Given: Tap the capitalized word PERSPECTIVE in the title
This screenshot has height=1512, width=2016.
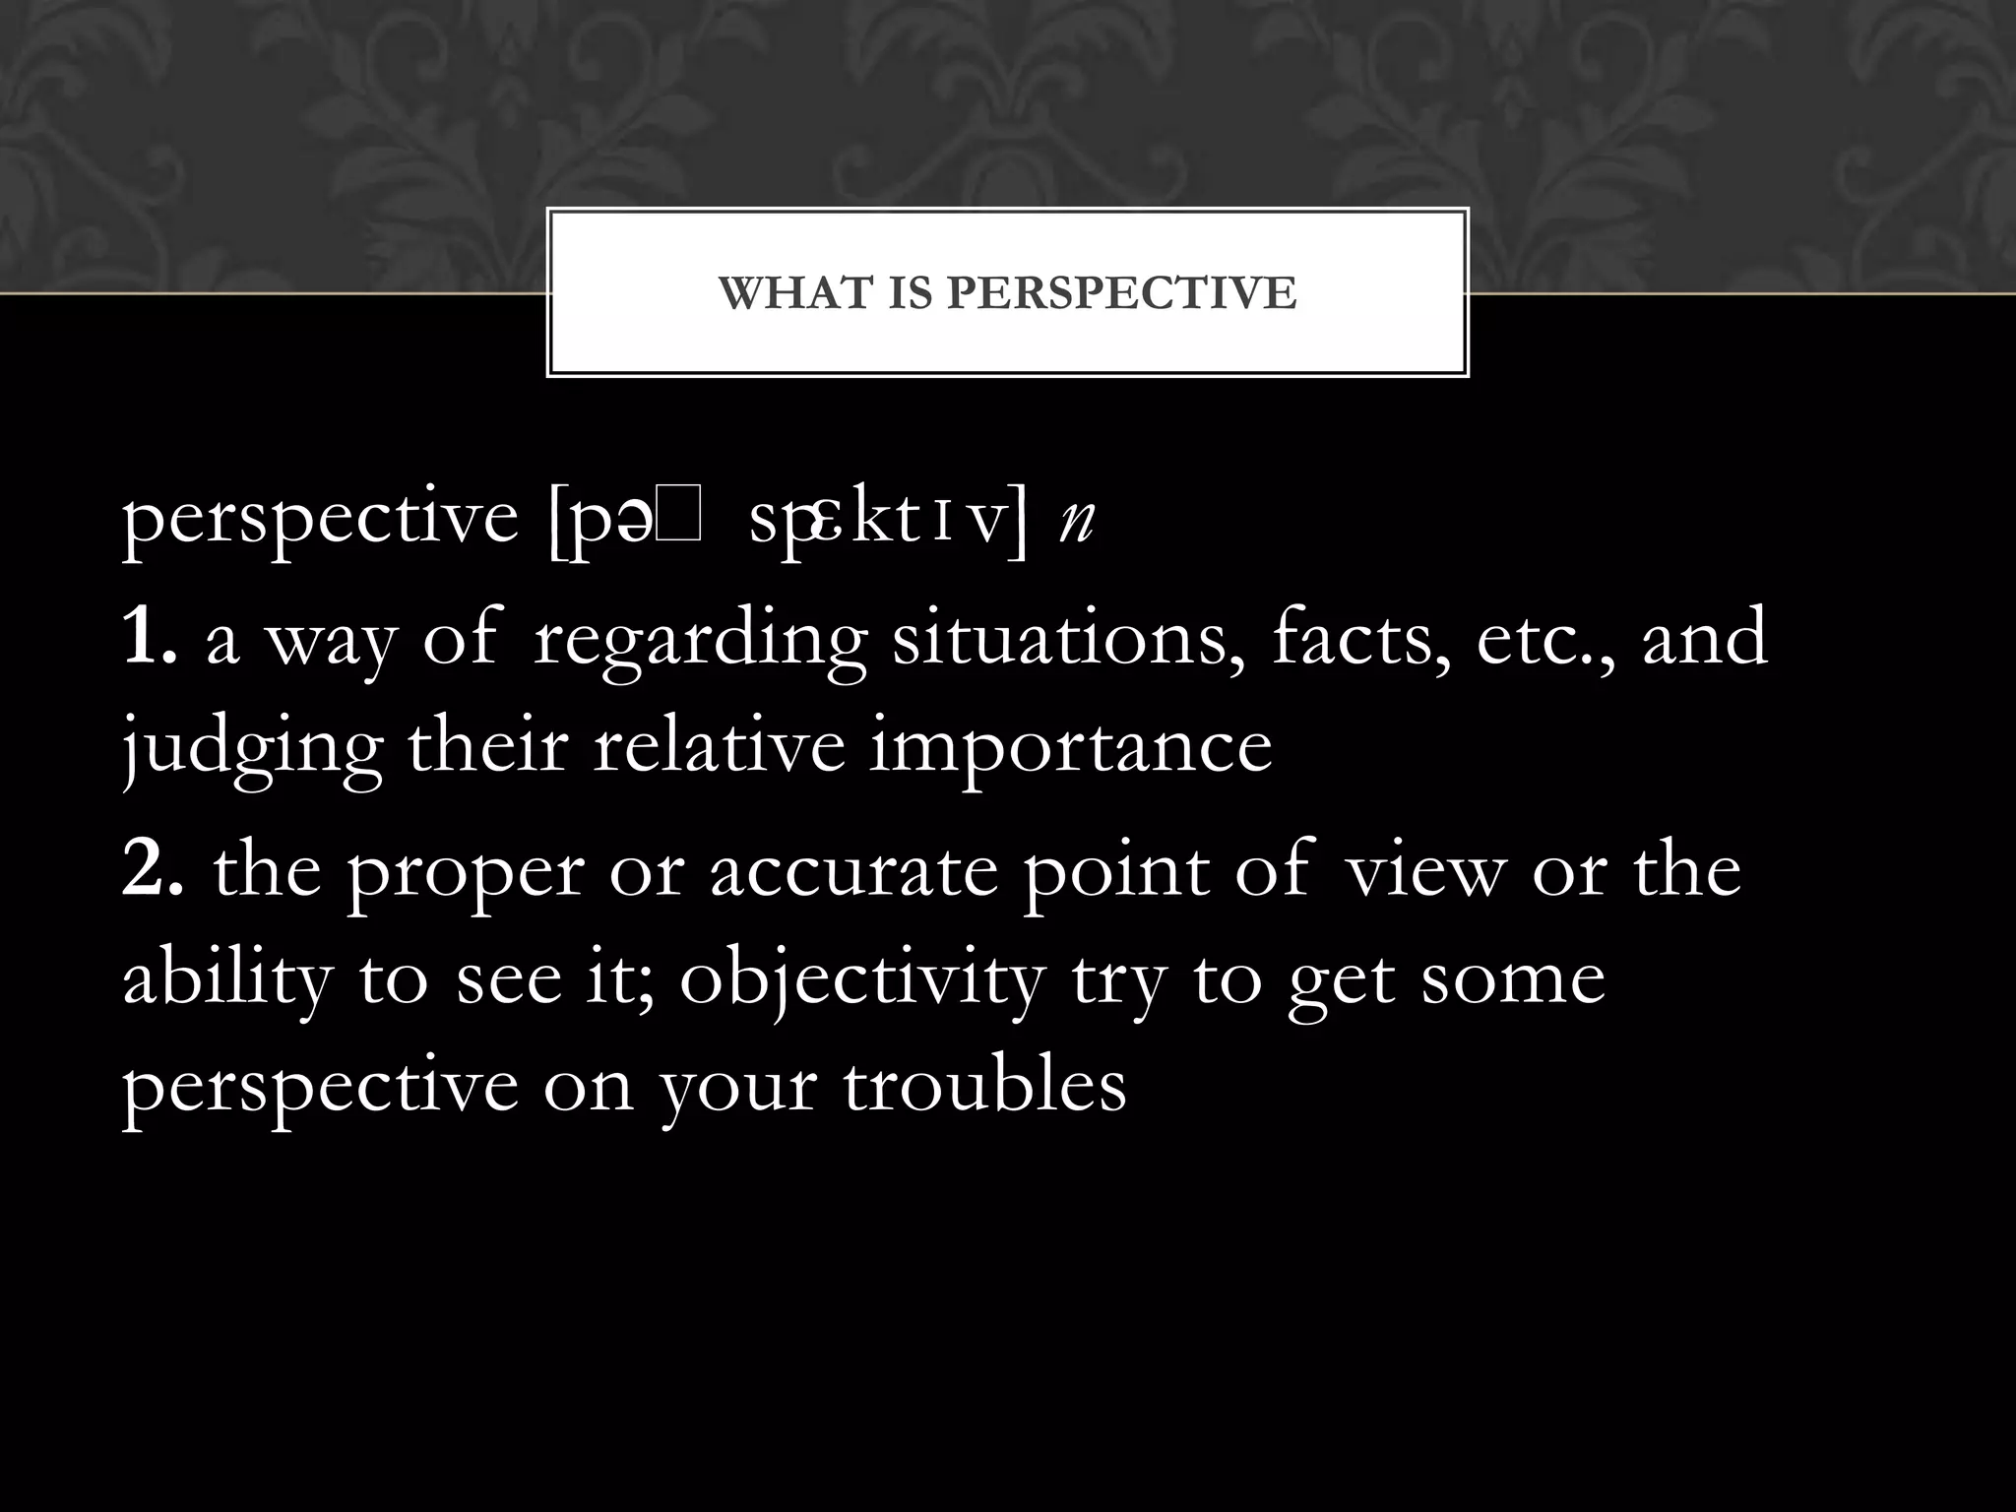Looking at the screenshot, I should tap(1122, 293).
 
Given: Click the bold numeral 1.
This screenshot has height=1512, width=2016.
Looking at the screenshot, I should tap(148, 638).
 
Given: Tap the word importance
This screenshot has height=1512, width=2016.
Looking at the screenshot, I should tap(1070, 748).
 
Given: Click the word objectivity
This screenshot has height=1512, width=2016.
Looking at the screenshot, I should tap(861, 981).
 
